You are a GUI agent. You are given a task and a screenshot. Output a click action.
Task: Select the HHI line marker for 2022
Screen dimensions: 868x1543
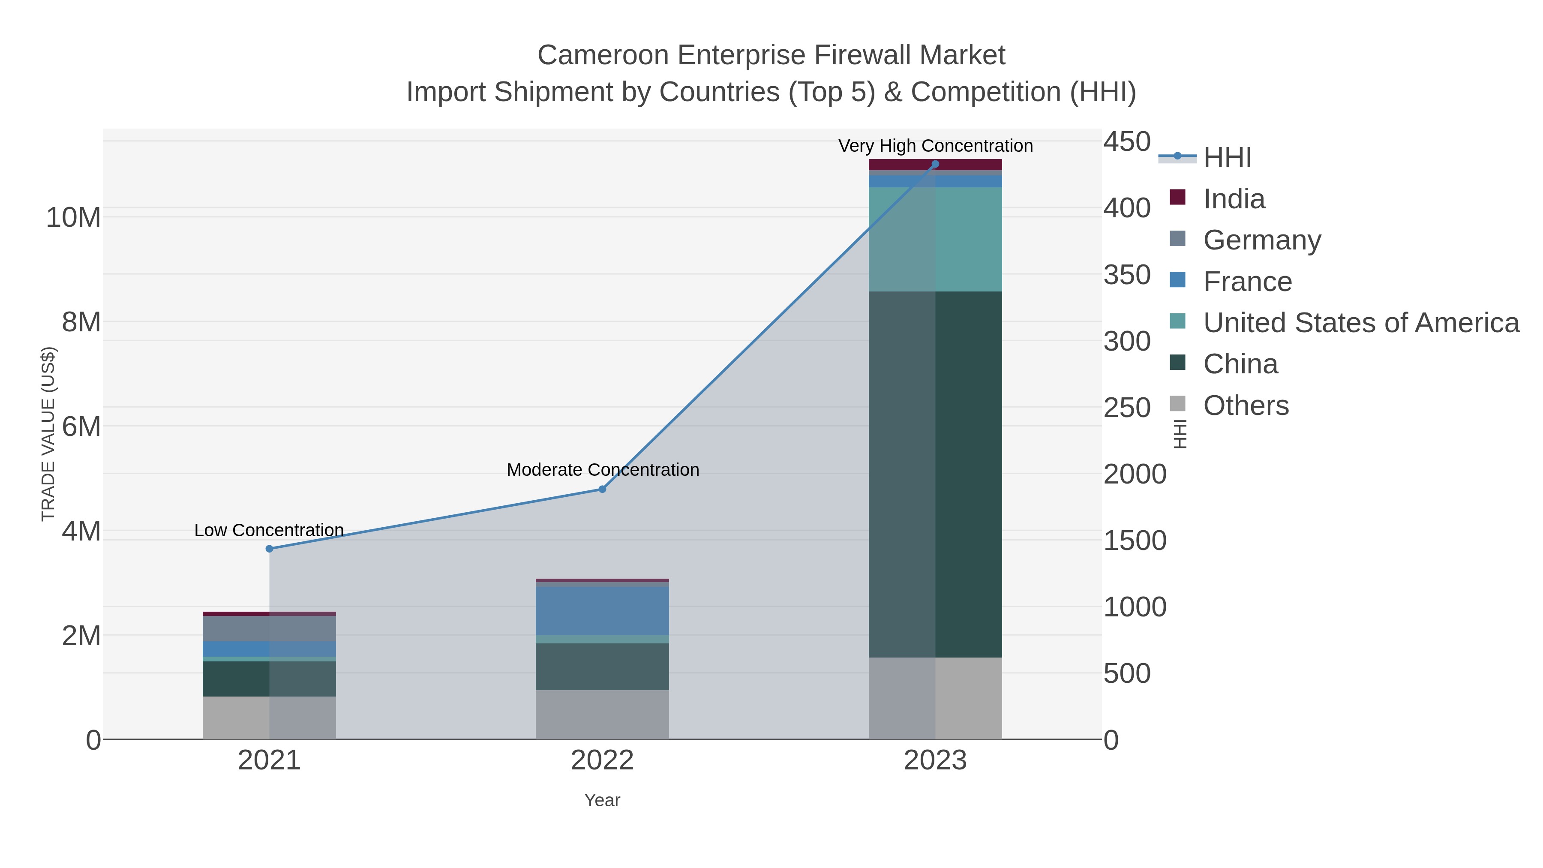tap(602, 490)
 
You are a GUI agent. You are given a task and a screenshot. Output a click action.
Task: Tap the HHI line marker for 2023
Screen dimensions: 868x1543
tap(935, 164)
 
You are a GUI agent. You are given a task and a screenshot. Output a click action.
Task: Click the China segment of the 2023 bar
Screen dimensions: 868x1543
tap(935, 473)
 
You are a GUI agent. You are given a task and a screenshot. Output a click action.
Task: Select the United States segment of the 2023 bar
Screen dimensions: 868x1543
tap(935, 240)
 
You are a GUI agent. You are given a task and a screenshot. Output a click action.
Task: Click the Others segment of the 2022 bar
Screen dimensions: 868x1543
tap(602, 714)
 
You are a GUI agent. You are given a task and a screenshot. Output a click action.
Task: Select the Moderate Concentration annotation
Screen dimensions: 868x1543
tap(603, 470)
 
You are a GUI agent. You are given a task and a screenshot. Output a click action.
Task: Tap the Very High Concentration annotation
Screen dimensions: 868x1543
tap(935, 146)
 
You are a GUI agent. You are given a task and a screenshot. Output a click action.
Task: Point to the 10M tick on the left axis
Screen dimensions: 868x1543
tap(73, 217)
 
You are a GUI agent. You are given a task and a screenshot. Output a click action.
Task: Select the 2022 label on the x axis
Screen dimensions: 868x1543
tap(602, 760)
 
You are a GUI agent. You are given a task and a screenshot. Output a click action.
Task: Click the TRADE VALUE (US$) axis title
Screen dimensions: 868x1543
tap(48, 434)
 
